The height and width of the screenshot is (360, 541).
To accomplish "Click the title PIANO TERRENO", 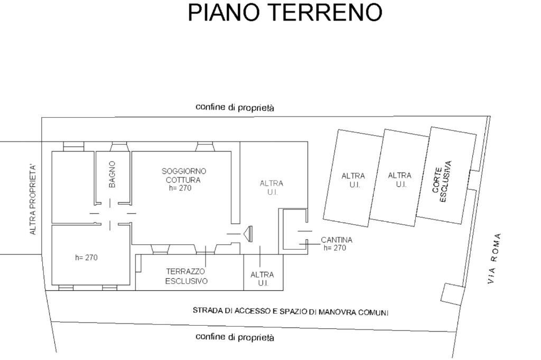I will (285, 13).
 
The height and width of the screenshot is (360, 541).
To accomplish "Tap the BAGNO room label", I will (112, 174).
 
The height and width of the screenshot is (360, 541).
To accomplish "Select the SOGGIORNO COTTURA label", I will (184, 175).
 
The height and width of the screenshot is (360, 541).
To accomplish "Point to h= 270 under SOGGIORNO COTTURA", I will (180, 188).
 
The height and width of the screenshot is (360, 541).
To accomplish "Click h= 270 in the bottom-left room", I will (86, 258).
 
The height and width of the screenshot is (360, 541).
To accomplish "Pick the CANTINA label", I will (337, 240).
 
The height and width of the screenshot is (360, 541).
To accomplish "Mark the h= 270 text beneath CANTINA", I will (334, 248).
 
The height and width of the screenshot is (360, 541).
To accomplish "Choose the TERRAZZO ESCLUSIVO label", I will (186, 276).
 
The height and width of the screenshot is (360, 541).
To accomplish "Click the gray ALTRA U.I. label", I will (272, 188).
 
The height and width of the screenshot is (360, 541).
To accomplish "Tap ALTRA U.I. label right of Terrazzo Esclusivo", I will (262, 279).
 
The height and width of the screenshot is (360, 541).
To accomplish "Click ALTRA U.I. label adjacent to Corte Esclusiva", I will (399, 180).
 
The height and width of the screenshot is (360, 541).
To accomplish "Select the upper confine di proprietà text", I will (235, 107).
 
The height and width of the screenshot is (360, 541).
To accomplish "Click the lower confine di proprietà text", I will (235, 337).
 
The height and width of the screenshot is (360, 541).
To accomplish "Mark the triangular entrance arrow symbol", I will (248, 233).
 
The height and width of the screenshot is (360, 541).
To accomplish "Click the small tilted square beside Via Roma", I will (451, 295).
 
